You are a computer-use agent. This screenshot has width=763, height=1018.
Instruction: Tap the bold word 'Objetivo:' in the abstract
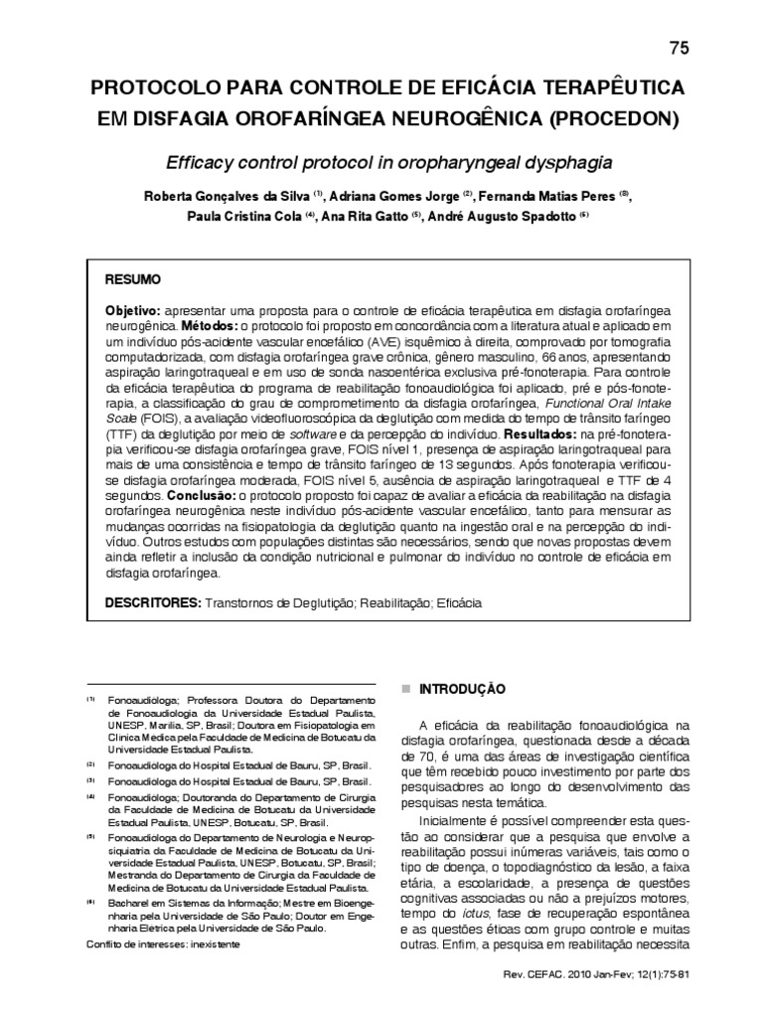click(134, 310)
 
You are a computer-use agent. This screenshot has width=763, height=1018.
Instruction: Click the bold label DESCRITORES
click(153, 602)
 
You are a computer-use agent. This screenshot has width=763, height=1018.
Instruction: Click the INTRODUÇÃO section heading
click(463, 688)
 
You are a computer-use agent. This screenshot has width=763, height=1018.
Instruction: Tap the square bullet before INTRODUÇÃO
click(403, 688)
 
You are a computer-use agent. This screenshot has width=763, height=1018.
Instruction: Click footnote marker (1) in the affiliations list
click(90, 700)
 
